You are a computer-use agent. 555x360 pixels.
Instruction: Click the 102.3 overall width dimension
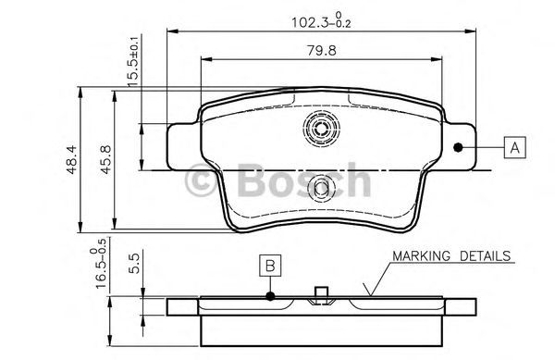pos(321,21)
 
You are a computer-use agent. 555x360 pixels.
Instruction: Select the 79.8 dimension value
pos(321,51)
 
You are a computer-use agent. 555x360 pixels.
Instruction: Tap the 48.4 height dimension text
pos(72,160)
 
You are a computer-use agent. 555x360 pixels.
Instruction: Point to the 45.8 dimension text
pos(106,159)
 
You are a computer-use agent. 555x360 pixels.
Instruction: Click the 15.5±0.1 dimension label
pos(133,61)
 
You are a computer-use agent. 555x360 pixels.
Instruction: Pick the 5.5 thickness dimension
pos(134,262)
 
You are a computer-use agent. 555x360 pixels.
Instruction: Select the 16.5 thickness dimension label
pos(98,264)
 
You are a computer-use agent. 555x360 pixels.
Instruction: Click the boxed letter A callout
pos(514,147)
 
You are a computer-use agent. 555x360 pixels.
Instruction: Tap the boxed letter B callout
pos(270,265)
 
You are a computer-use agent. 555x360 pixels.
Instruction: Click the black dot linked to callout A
pos(458,147)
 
